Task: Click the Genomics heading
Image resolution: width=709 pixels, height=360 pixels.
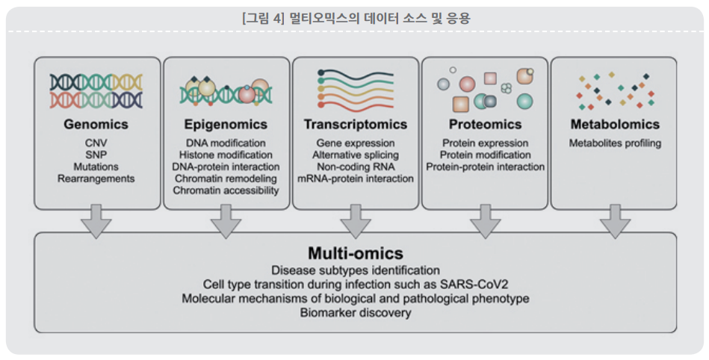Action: click(96, 125)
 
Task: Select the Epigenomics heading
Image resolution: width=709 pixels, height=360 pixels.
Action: click(226, 125)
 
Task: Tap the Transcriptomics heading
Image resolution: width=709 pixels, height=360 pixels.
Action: click(356, 125)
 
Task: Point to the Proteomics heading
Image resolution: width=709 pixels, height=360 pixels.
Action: click(485, 125)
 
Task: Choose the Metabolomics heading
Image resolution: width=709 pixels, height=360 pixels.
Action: click(615, 125)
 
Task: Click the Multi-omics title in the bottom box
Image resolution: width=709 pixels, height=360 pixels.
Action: click(356, 252)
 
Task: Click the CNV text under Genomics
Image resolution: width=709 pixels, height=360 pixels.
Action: click(96, 143)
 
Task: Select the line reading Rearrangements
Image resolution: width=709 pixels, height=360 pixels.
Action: click(96, 179)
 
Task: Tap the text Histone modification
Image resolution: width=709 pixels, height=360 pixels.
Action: click(226, 155)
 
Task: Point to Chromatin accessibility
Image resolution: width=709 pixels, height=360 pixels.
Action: click(226, 190)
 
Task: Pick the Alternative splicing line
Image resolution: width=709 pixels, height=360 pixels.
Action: click(356, 155)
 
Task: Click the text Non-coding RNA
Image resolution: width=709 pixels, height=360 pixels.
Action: click(356, 167)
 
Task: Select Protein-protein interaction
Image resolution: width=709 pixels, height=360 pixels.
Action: click(485, 167)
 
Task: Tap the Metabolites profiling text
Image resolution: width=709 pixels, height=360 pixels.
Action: click(615, 143)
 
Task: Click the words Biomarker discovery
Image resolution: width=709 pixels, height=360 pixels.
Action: click(356, 312)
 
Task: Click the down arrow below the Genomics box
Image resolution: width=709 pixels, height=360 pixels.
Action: click(96, 221)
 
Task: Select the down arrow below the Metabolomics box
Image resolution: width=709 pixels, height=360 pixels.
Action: click(615, 221)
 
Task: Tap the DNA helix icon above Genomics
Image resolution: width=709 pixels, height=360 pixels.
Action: click(96, 91)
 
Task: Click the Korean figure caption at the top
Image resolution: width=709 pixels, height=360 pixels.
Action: click(356, 19)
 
